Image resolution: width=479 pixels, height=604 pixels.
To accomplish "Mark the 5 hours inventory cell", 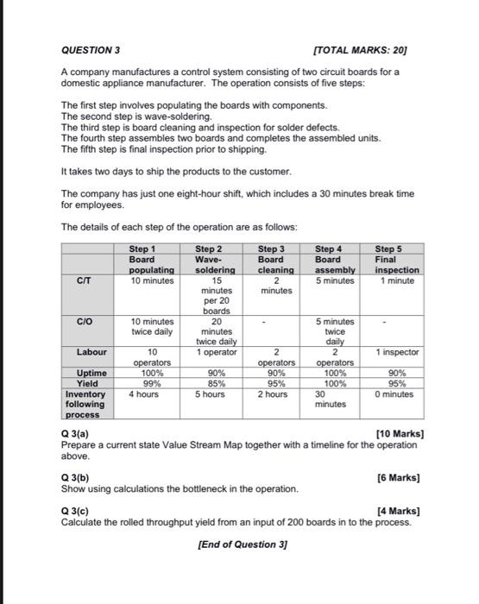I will (210, 394).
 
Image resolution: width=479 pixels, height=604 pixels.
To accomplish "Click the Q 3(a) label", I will (74, 433).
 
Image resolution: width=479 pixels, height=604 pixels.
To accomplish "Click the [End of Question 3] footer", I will (241, 544).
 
